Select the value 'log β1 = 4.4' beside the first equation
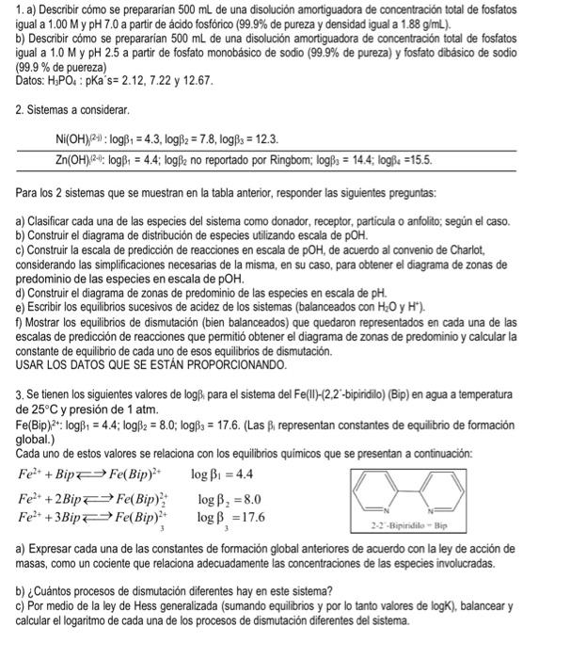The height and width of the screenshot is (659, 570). (x=222, y=474)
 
